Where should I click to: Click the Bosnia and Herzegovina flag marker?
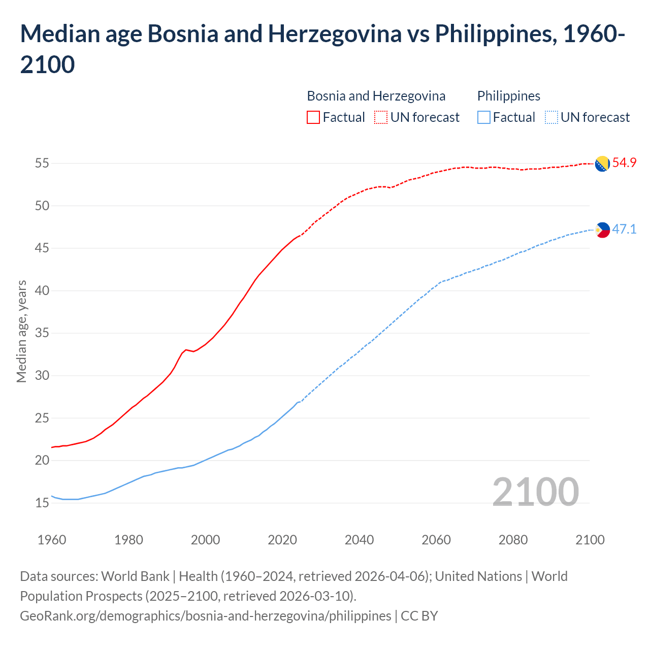[x=602, y=164]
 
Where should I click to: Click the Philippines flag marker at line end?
[x=602, y=230]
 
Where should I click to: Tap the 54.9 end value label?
[x=624, y=163]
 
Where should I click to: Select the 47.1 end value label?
[x=624, y=229]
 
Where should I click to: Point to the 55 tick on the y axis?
[x=42, y=164]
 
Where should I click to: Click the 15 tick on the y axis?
[x=42, y=503]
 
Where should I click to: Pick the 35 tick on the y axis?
[x=42, y=334]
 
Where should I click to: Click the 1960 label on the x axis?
[x=52, y=540]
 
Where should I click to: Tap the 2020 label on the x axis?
[x=282, y=540]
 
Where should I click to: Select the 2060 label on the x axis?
[x=436, y=540]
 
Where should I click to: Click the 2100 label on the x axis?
[x=590, y=540]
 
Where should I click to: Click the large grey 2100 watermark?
[x=536, y=492]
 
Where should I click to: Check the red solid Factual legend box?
[x=313, y=118]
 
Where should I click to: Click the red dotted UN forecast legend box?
[x=381, y=118]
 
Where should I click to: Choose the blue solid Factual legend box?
[x=484, y=118]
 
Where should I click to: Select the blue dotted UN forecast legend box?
[x=551, y=118]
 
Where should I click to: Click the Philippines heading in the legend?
[x=509, y=96]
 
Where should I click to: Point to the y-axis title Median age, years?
[x=21, y=331]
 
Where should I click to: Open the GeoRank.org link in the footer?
[x=205, y=616]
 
